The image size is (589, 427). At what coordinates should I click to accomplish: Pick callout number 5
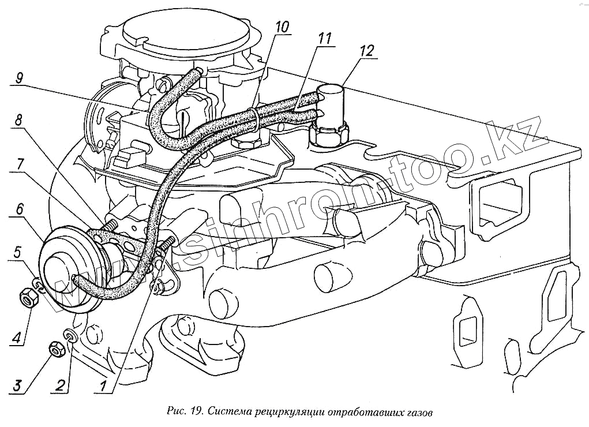[x=18, y=252]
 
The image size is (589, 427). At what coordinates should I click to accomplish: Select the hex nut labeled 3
[x=56, y=349]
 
